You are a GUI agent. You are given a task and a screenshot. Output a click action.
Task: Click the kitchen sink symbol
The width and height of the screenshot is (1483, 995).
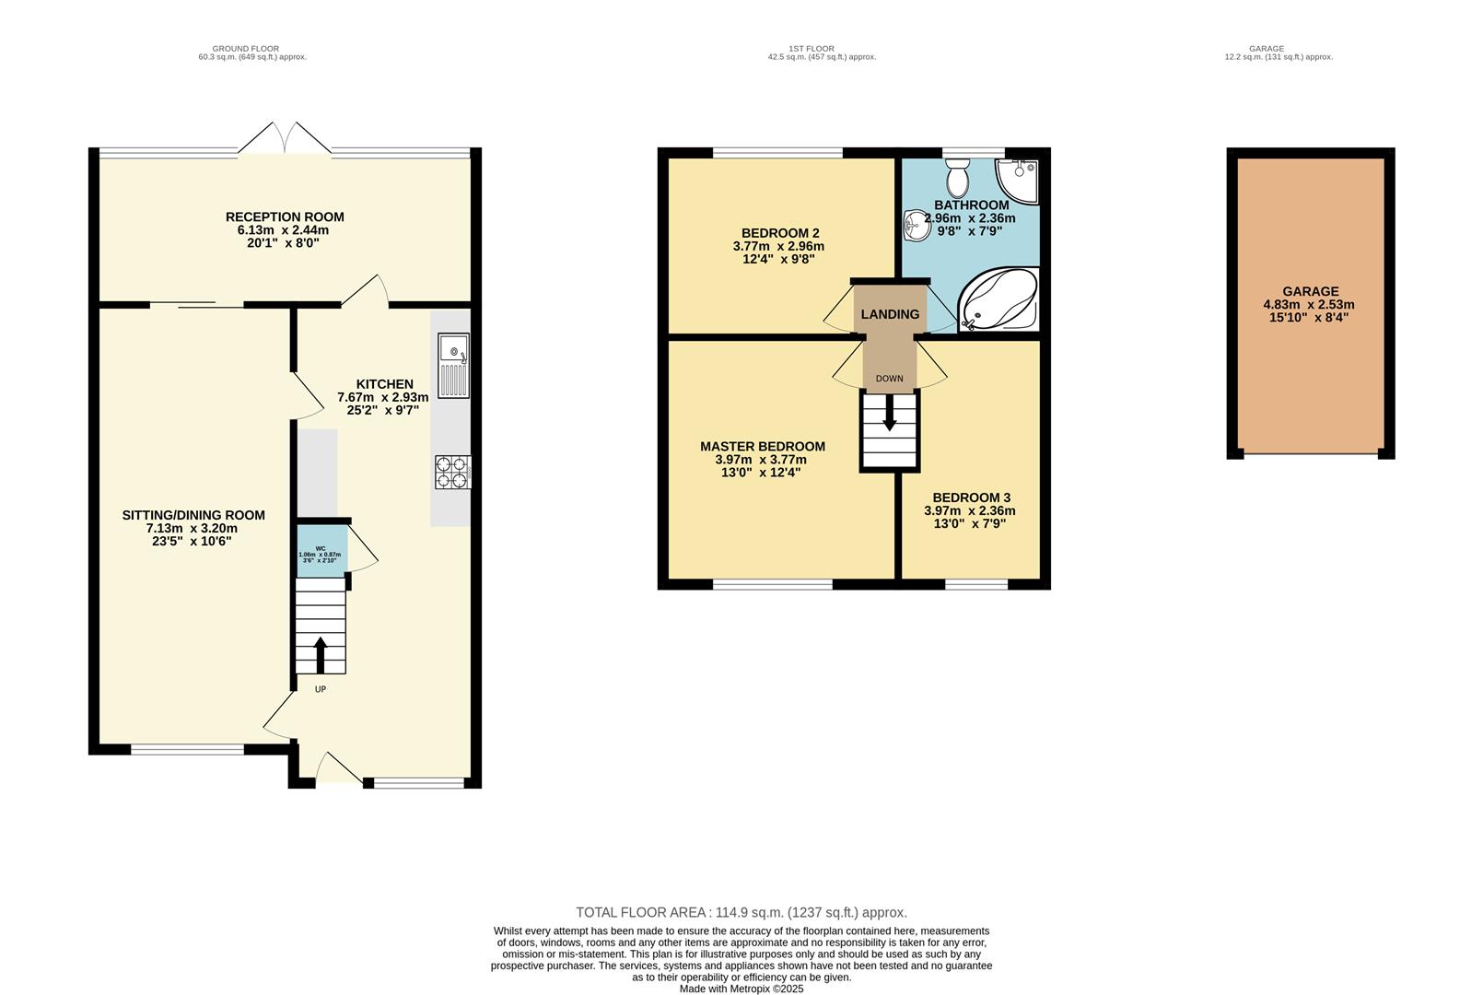coord(453,365)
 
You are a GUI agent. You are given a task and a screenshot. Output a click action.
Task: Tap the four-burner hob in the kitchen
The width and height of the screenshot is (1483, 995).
coord(452,473)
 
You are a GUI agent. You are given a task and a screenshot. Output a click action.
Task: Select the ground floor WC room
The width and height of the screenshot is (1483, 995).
coord(321,551)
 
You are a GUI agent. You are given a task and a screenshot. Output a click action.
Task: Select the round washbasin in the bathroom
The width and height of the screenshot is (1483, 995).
coord(917,225)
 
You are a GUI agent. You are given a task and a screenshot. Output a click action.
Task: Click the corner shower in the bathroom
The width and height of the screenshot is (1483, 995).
coord(1019,179)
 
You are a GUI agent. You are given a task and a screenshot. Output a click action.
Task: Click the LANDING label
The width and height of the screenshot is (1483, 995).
coord(890,314)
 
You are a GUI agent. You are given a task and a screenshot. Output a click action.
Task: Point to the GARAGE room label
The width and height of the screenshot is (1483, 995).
coord(1310,291)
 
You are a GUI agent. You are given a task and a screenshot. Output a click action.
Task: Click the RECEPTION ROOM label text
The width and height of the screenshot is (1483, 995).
coord(285,217)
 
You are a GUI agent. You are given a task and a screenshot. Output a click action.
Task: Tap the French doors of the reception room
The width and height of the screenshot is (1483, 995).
coord(285,140)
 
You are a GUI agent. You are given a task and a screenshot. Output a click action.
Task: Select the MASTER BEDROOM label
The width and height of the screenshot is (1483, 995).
coord(762,447)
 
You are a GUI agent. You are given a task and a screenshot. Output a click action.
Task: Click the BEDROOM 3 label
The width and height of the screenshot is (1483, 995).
coord(971,497)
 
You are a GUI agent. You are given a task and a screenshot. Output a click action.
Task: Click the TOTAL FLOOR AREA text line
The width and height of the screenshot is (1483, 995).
coord(741,913)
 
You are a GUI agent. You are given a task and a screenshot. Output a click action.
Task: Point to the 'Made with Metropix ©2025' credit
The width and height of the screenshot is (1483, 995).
coord(741,989)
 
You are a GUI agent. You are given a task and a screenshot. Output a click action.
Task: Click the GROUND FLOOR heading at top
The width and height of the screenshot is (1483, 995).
coord(245,49)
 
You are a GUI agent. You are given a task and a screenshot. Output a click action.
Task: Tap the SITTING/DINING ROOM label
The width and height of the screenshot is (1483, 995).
coord(193,516)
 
